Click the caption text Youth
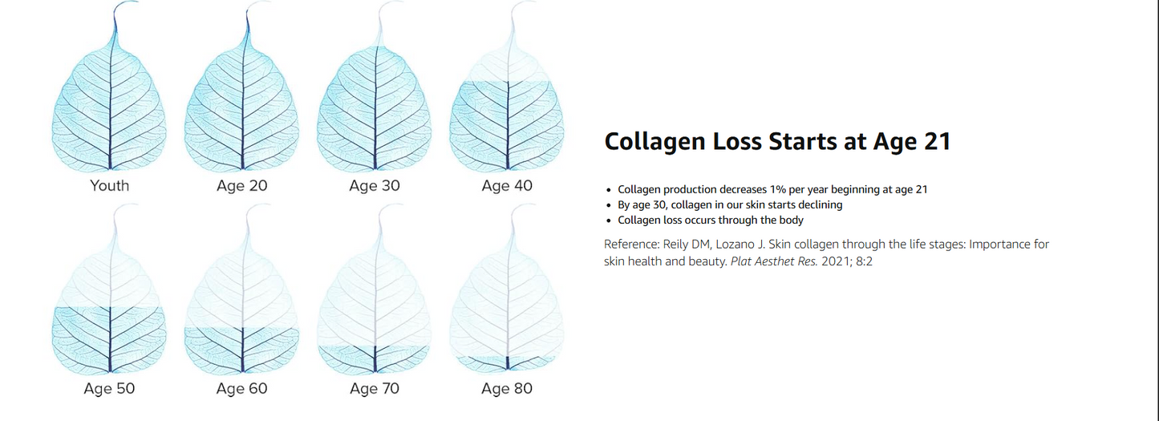point(110,186)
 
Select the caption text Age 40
point(507,186)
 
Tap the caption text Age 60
point(242,389)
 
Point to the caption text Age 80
point(507,389)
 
